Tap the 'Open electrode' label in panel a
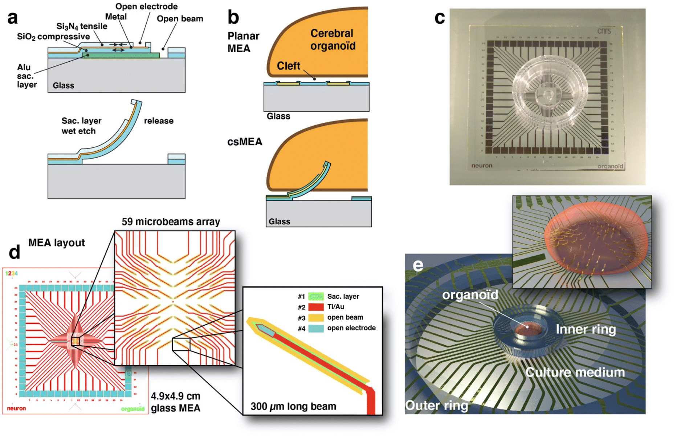tap(146, 7)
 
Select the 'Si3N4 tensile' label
tap(82, 27)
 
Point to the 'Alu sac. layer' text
tap(26, 76)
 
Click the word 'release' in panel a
tap(159, 121)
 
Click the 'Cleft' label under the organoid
tap(288, 66)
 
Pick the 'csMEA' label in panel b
tap(245, 142)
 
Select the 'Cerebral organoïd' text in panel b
tap(333, 40)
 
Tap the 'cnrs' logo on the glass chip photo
tap(604, 31)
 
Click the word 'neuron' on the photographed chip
tap(482, 166)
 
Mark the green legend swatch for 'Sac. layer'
tap(316, 297)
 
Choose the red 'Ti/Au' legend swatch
tap(316, 307)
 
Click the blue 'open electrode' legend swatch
tap(316, 329)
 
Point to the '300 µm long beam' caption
tap(293, 406)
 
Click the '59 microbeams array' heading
tap(171, 222)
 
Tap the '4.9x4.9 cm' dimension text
tap(176, 396)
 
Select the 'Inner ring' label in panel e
tap(586, 329)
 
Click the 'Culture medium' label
tap(575, 372)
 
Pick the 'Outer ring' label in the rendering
tap(436, 405)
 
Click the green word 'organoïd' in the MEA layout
tap(132, 409)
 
